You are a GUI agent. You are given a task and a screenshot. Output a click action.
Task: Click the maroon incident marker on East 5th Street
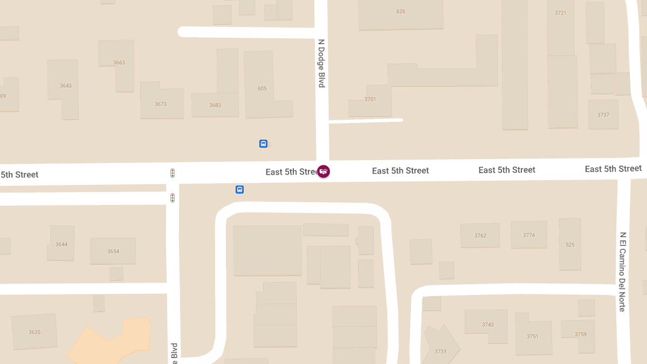(323, 171)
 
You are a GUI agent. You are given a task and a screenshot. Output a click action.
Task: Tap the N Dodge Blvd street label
(321, 63)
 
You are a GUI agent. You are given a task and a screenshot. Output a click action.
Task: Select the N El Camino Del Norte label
(622, 272)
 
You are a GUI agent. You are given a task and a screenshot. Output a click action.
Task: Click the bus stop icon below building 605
(263, 143)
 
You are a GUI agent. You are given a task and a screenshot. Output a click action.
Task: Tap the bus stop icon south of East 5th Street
(239, 189)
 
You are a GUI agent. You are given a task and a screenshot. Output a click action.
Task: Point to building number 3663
(119, 63)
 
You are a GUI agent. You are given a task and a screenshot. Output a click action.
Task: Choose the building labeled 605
(262, 88)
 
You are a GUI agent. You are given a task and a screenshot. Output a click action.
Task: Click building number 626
(401, 11)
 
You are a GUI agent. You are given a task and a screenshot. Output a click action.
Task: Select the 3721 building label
(561, 13)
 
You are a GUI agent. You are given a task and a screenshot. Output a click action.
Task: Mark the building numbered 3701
(370, 99)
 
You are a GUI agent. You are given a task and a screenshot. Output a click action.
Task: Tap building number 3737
(603, 115)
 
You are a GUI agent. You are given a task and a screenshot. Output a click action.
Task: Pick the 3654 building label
(113, 251)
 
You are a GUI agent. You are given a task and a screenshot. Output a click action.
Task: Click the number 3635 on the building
(35, 332)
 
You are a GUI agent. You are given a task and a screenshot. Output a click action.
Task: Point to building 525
(570, 245)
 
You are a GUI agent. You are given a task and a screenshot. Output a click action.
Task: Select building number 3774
(529, 235)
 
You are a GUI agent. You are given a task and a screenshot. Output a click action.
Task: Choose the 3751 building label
(533, 336)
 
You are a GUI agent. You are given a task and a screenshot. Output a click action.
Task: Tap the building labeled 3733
(440, 352)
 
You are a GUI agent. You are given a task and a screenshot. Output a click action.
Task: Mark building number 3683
(215, 105)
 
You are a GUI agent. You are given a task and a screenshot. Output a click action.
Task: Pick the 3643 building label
(66, 86)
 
